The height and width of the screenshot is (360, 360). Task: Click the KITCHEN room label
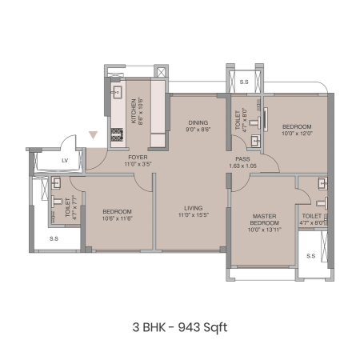[x=134, y=111]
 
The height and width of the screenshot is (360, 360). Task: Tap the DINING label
[x=198, y=123]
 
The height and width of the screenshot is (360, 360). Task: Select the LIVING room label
[x=194, y=208]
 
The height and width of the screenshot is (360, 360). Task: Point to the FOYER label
[x=138, y=158]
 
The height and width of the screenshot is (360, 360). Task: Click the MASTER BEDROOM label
[x=265, y=219]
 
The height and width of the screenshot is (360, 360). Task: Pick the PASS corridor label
[x=242, y=159]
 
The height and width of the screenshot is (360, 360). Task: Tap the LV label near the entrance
[x=65, y=161]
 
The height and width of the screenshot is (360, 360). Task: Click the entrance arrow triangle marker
[x=93, y=135]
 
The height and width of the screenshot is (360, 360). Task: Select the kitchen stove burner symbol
[x=117, y=135]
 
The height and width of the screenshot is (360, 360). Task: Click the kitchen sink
[x=117, y=93]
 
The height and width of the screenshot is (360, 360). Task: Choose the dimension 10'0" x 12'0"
[x=297, y=134]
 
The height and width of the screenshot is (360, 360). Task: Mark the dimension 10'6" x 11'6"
[x=118, y=218]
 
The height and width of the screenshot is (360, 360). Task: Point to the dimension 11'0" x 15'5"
[x=194, y=214]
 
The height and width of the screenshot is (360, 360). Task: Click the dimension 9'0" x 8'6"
[x=198, y=130]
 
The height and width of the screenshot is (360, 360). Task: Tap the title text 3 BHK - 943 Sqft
[x=180, y=327]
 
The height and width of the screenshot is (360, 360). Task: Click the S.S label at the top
[x=244, y=82]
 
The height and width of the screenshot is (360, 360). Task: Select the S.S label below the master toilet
[x=311, y=256]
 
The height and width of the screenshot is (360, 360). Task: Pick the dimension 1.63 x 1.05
[x=242, y=166]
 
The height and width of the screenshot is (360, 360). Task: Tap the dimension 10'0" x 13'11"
[x=265, y=230]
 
